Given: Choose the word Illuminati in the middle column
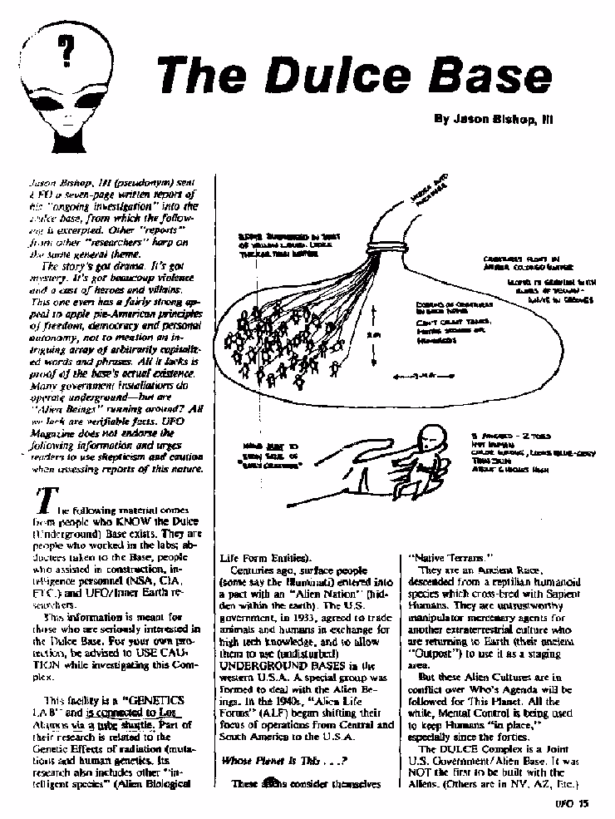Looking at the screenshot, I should click(x=283, y=585).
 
